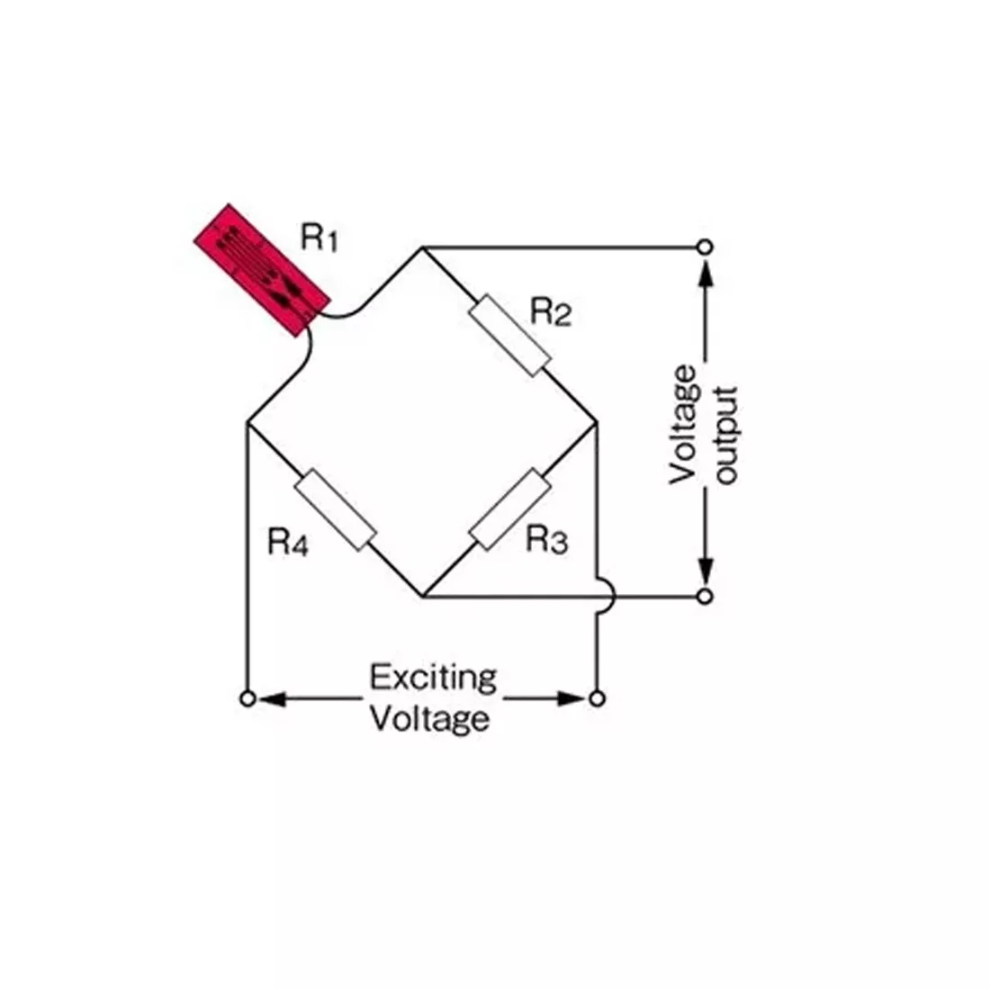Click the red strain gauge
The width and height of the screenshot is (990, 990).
click(262, 270)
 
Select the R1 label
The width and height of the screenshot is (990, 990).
click(319, 238)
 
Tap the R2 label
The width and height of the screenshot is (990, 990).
click(551, 312)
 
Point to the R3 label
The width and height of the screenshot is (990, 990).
click(547, 540)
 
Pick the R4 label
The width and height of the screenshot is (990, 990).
click(288, 543)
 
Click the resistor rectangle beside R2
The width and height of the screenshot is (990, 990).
click(510, 336)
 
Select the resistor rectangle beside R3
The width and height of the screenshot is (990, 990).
click(510, 509)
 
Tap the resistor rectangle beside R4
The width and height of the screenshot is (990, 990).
click(336, 509)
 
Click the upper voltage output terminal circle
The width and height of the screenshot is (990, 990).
click(706, 247)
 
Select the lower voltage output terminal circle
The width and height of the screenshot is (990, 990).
click(706, 596)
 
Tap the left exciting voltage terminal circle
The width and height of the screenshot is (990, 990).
click(248, 699)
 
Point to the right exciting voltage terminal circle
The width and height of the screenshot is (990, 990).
click(597, 699)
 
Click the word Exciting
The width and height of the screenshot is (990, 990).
click(433, 679)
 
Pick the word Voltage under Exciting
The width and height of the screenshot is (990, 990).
click(429, 719)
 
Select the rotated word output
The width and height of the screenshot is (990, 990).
click(726, 436)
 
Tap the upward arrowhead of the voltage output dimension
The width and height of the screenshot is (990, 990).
click(706, 274)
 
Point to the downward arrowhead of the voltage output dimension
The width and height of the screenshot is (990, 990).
click(706, 570)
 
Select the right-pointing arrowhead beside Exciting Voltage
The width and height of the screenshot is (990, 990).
click(571, 699)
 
